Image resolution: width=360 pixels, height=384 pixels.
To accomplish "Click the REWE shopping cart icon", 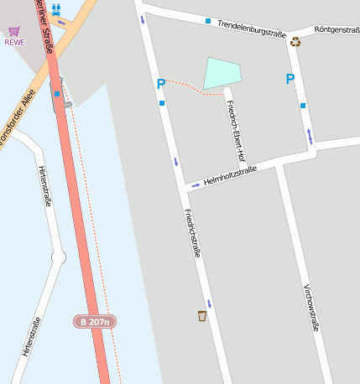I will pos(14,31).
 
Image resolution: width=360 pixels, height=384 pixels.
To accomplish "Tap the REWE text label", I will pos(14,42).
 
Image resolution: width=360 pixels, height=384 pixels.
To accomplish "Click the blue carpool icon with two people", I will pos(56,10).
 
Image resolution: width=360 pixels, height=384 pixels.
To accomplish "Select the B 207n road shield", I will pos(94,321).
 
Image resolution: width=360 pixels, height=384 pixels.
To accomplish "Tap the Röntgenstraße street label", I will pos(337,30).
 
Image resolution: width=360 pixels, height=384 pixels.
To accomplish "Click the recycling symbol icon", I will pos(295,41).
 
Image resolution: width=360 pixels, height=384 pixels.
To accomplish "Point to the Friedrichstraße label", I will pos(192,232).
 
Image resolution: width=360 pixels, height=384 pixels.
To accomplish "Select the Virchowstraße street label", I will pos(310,308).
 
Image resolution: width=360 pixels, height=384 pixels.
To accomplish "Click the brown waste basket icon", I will pos(202,316).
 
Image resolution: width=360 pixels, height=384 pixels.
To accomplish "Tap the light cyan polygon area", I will pos(222,73).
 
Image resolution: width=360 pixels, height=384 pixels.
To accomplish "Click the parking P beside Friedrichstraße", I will pos(160,84).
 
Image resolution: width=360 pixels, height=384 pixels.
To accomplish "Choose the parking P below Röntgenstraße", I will pos(290,80).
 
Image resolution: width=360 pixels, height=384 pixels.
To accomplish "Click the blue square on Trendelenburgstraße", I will pos(208,20).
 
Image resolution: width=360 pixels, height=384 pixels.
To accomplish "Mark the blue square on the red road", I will pos(57,94).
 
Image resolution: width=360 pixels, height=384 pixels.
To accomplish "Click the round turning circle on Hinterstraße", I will pos(58,257).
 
